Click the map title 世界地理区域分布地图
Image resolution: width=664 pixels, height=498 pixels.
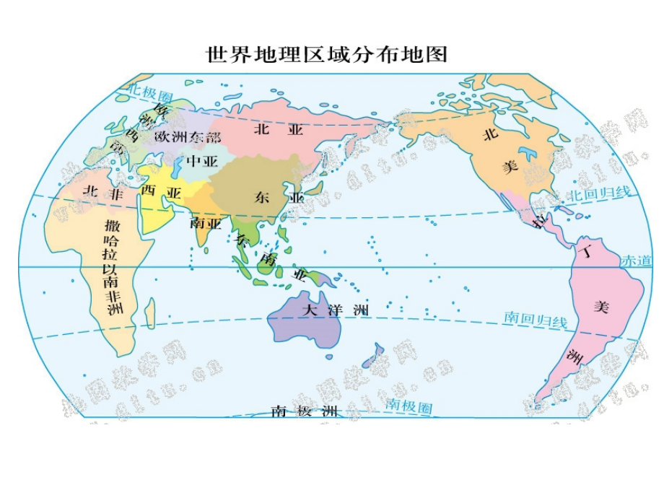coord(327,55)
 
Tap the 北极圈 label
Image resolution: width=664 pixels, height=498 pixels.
coord(152,93)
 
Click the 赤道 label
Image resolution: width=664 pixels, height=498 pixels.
coord(636,261)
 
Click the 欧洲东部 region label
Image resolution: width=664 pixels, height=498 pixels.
coord(188,136)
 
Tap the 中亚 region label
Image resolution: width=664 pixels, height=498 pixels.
coord(201,161)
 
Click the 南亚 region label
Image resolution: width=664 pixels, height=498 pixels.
coord(206,223)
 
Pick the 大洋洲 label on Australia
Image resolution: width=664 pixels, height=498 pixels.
coord(335,310)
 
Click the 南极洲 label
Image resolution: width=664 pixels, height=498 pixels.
coord(304,411)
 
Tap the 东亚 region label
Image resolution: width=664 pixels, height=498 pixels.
coord(274,196)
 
